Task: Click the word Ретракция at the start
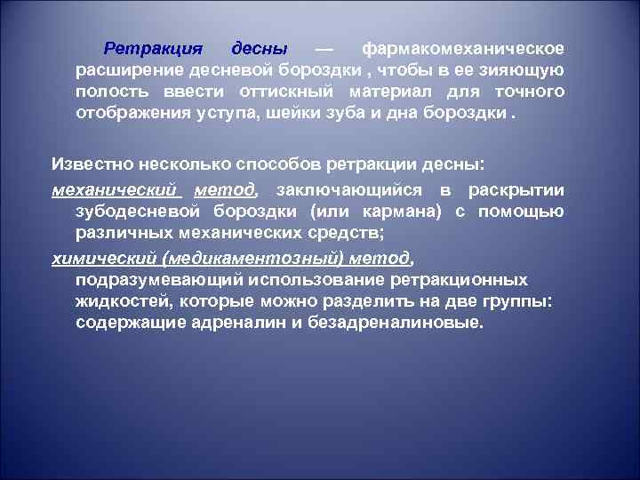pos(153,47)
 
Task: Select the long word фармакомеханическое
pos(462,47)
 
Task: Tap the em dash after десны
pos(324,47)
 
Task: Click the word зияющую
pos(523,70)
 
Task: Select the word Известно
pos(92,164)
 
